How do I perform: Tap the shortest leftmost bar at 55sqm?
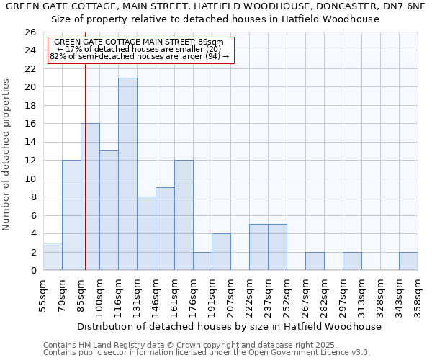(x=53, y=256)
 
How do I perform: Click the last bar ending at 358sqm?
(x=408, y=261)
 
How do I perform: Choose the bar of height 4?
(x=221, y=252)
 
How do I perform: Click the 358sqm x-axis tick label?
(x=418, y=294)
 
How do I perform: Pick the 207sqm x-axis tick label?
(x=230, y=294)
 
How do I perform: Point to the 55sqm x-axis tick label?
(x=43, y=294)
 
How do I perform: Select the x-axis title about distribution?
(x=229, y=326)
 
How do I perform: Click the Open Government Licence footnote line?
(x=207, y=352)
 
